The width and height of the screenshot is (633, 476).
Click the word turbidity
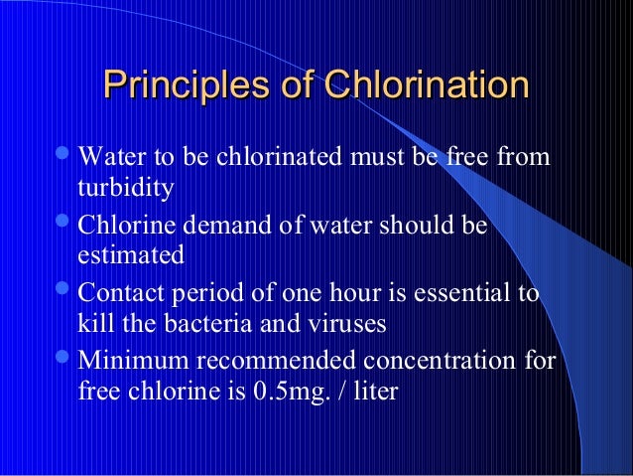coord(125,188)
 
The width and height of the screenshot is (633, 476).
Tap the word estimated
coord(130,255)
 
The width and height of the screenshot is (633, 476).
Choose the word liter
coord(372,392)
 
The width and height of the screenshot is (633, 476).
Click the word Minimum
coord(128,361)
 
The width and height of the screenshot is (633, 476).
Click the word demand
coord(212,225)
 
